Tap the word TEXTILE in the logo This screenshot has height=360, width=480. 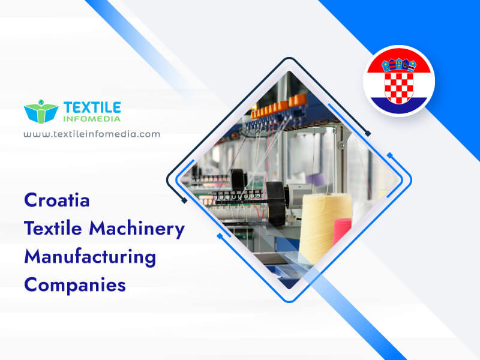tap(92, 107)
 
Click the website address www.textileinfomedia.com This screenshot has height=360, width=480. tap(92, 134)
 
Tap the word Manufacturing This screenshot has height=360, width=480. tap(90, 257)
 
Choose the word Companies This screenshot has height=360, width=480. tap(75, 284)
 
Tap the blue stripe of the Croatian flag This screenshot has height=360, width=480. tap(398, 105)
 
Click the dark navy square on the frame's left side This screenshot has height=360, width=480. tap(184, 200)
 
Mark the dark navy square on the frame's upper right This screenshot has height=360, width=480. tap(368, 133)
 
